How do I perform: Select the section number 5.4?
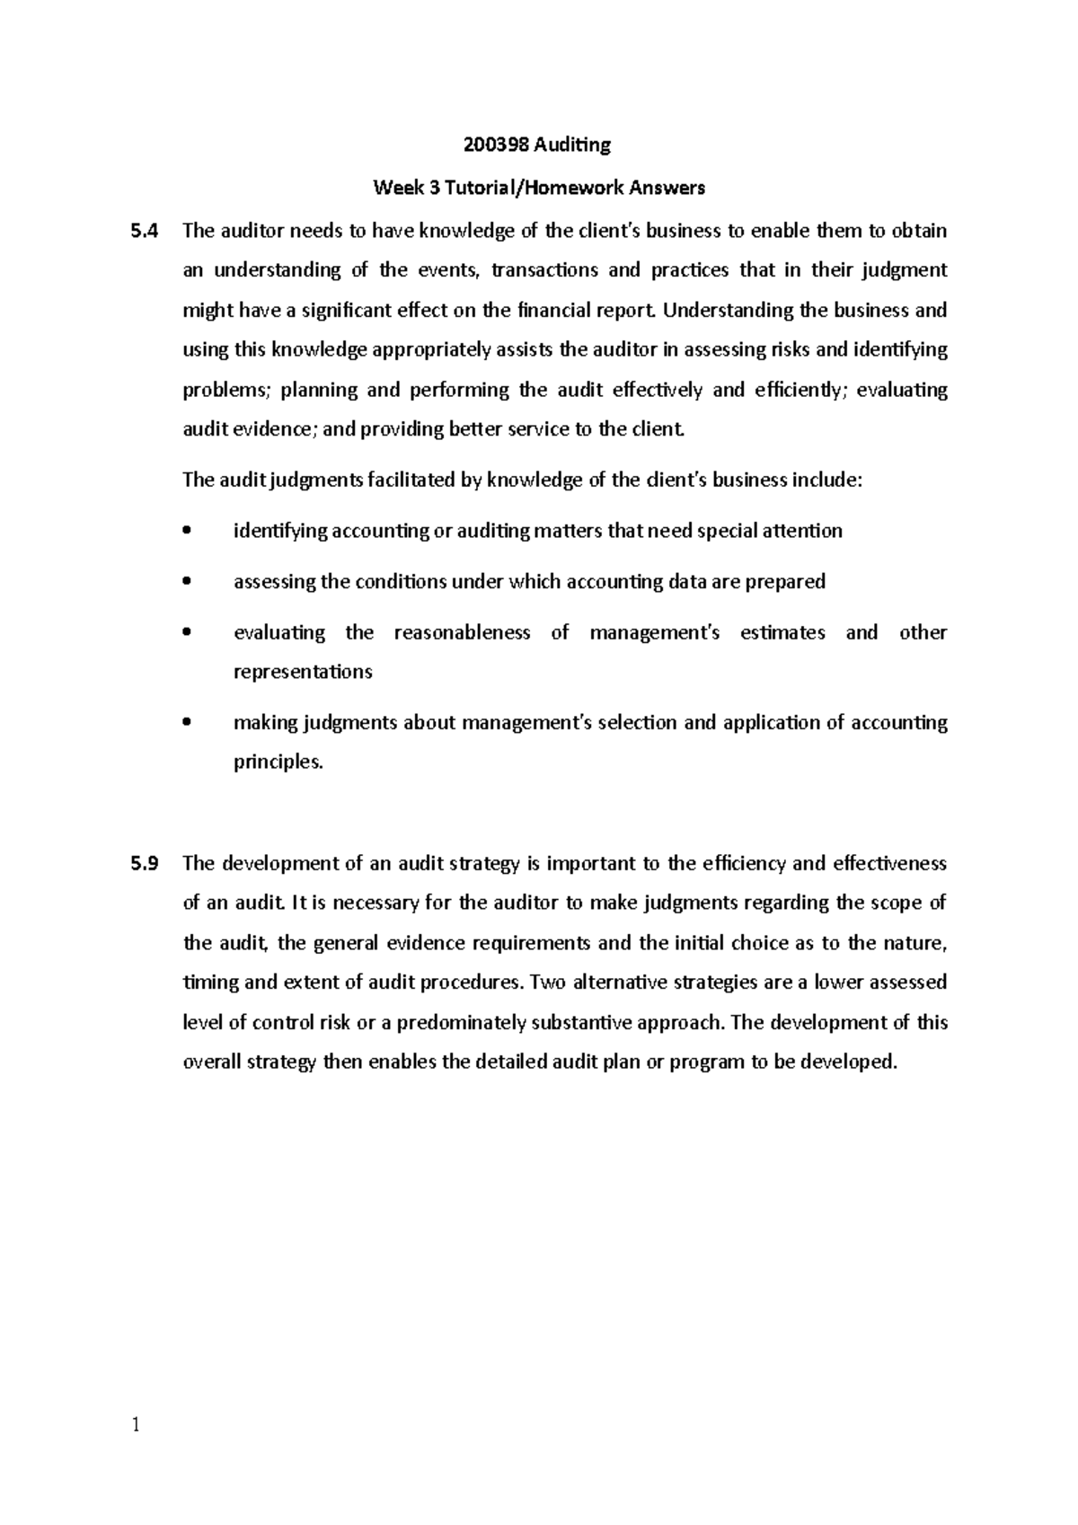pos(144,231)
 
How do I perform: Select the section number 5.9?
pos(144,864)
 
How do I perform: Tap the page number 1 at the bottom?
pos(136,1425)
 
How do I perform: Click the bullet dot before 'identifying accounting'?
pos(187,531)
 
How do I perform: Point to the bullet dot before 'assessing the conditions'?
pos(187,582)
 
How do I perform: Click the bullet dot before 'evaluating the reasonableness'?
pos(187,632)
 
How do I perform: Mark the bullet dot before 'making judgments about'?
pos(187,723)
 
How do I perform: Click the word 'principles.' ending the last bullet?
pos(278,762)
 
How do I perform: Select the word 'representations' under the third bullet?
pos(303,672)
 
